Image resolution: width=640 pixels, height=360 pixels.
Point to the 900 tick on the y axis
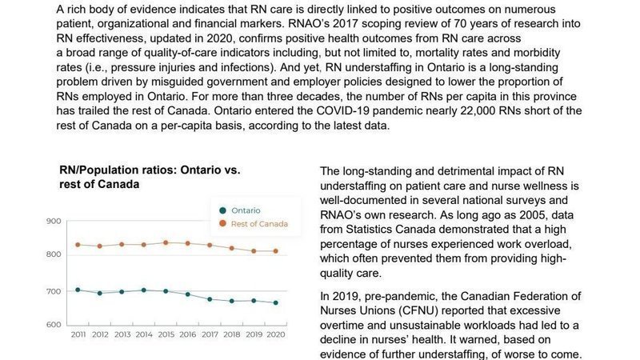(54, 221)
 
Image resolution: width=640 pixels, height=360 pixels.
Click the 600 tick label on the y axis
(54, 325)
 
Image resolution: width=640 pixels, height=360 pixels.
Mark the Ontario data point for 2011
(78, 290)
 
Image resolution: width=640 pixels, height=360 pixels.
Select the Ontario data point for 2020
(276, 302)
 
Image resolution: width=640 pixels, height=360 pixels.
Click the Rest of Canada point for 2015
(166, 242)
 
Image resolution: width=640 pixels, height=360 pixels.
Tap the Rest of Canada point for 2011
(78, 245)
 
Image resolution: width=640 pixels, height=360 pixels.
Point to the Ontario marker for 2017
(210, 299)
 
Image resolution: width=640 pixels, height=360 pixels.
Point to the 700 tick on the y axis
(54, 290)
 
